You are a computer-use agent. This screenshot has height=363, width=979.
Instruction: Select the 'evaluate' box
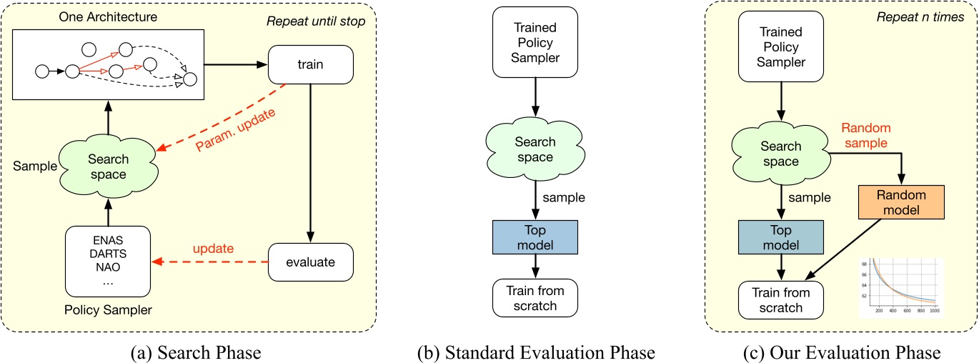pyautogui.click(x=311, y=262)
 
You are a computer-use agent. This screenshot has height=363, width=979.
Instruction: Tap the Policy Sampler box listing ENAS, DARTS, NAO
pyautogui.click(x=108, y=262)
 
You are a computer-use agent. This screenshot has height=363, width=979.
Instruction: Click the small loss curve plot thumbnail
pyautogui.click(x=902, y=287)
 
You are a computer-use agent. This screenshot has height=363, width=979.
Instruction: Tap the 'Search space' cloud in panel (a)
pyautogui.click(x=107, y=166)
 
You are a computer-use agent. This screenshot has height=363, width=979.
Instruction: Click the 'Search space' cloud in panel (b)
pyautogui.click(x=535, y=149)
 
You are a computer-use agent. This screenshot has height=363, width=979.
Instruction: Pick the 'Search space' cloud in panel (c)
pyautogui.click(x=780, y=154)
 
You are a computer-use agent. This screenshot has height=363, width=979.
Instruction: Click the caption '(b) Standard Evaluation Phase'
pyautogui.click(x=535, y=352)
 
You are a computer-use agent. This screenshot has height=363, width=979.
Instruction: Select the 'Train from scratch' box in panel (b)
pyautogui.click(x=535, y=298)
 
